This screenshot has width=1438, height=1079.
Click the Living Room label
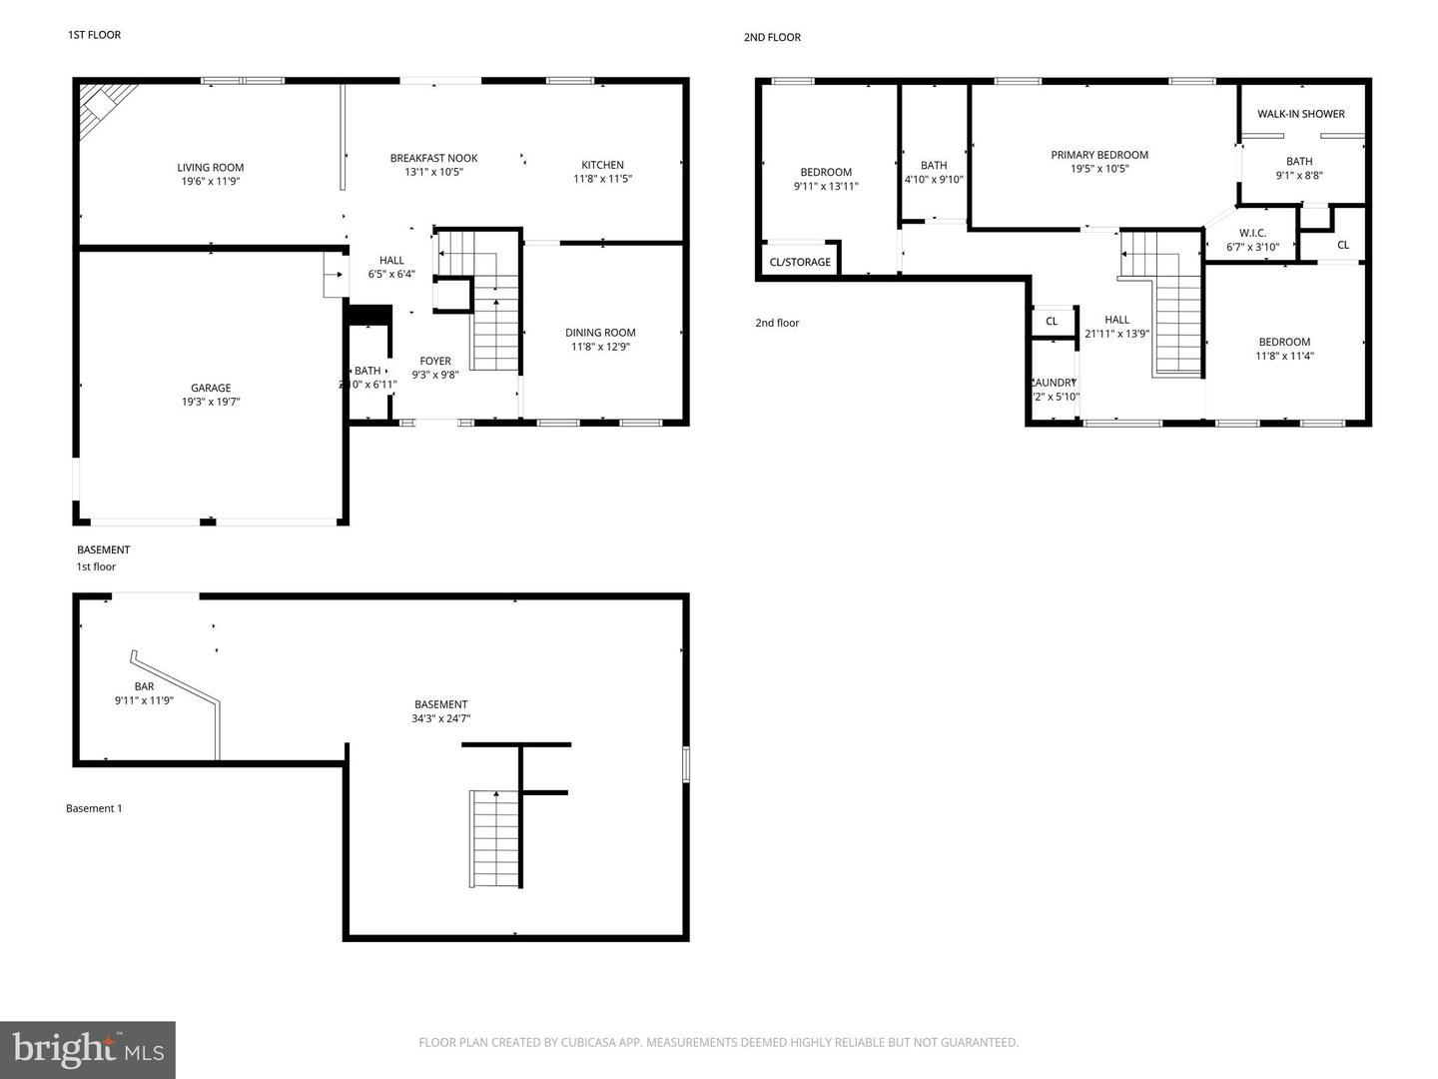(x=211, y=168)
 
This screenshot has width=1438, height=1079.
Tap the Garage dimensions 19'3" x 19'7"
(x=211, y=402)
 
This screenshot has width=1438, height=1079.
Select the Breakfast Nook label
(x=433, y=158)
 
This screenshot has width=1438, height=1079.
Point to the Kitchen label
(x=602, y=165)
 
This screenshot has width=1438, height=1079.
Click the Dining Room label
(x=600, y=333)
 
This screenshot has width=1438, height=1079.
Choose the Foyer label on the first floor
(x=434, y=361)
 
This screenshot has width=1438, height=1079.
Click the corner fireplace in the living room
(x=102, y=104)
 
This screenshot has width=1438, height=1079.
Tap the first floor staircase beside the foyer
(x=495, y=330)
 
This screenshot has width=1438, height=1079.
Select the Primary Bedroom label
(x=1099, y=155)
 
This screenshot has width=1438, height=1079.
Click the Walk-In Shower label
(x=1300, y=114)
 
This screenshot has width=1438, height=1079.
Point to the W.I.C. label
(x=1252, y=233)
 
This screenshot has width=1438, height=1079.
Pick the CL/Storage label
(x=800, y=262)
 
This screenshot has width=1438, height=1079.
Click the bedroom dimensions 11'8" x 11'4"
(x=1283, y=356)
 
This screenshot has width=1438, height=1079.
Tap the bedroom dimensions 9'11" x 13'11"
(x=826, y=186)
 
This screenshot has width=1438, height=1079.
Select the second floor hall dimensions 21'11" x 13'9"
(x=1116, y=334)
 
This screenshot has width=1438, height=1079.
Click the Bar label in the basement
(x=144, y=686)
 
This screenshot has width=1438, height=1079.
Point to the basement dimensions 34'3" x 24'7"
(x=440, y=718)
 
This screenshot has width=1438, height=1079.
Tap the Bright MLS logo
(x=88, y=1049)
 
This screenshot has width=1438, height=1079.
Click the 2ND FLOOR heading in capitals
(x=772, y=37)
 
